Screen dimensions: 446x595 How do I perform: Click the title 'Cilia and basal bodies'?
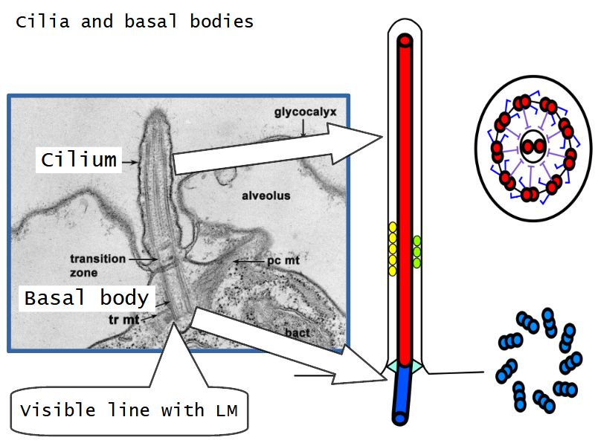[135, 22]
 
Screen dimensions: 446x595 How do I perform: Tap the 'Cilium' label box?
[78, 159]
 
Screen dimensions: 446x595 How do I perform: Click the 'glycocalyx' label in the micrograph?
[305, 113]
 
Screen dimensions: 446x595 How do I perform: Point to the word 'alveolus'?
[265, 196]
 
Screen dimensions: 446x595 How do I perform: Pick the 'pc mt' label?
[282, 262]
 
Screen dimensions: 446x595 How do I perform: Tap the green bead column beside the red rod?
[417, 251]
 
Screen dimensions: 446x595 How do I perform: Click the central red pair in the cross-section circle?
[531, 146]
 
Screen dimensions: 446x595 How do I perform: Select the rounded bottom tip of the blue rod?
[402, 418]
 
